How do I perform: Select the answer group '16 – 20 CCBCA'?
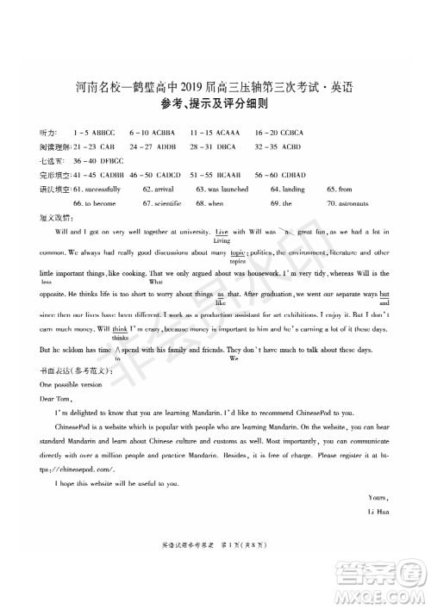(279, 134)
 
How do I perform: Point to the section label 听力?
(48, 134)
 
